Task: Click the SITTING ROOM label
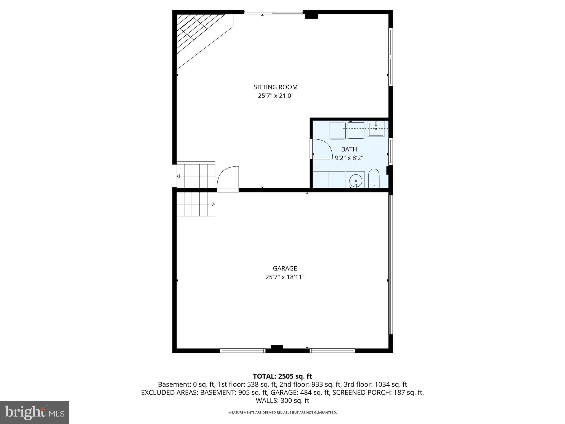click(276, 87)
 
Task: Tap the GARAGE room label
click(285, 268)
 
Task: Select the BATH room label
click(349, 149)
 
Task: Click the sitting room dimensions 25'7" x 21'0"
click(276, 96)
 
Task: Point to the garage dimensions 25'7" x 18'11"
click(285, 277)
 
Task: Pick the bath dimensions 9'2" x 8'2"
click(349, 158)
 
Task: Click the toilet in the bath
click(374, 178)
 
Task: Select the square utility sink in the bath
click(376, 129)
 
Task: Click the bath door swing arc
click(323, 149)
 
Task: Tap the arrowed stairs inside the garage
click(196, 204)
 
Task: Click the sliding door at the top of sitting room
click(273, 12)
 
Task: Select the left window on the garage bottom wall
click(243, 351)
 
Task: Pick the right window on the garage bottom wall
click(332, 351)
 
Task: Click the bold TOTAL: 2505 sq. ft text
click(282, 376)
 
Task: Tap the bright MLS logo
click(34, 413)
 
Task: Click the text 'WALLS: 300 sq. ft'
click(282, 401)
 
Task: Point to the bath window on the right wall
click(390, 151)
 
